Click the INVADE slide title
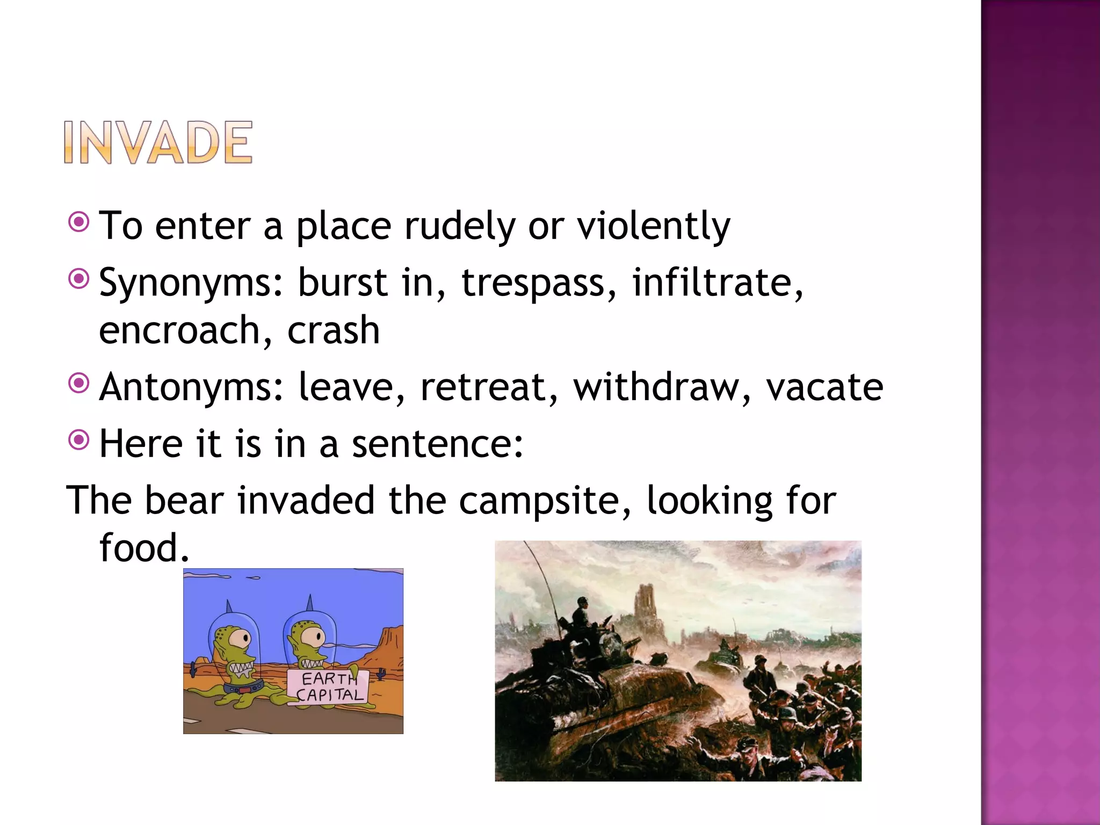point(158,142)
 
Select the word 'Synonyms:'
point(191,283)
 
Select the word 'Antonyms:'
point(191,387)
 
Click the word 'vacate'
point(824,387)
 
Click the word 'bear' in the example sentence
point(184,501)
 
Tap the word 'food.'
point(144,548)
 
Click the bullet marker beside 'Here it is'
point(79,440)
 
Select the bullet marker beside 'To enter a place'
point(79,222)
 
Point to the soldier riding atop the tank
point(582,616)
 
